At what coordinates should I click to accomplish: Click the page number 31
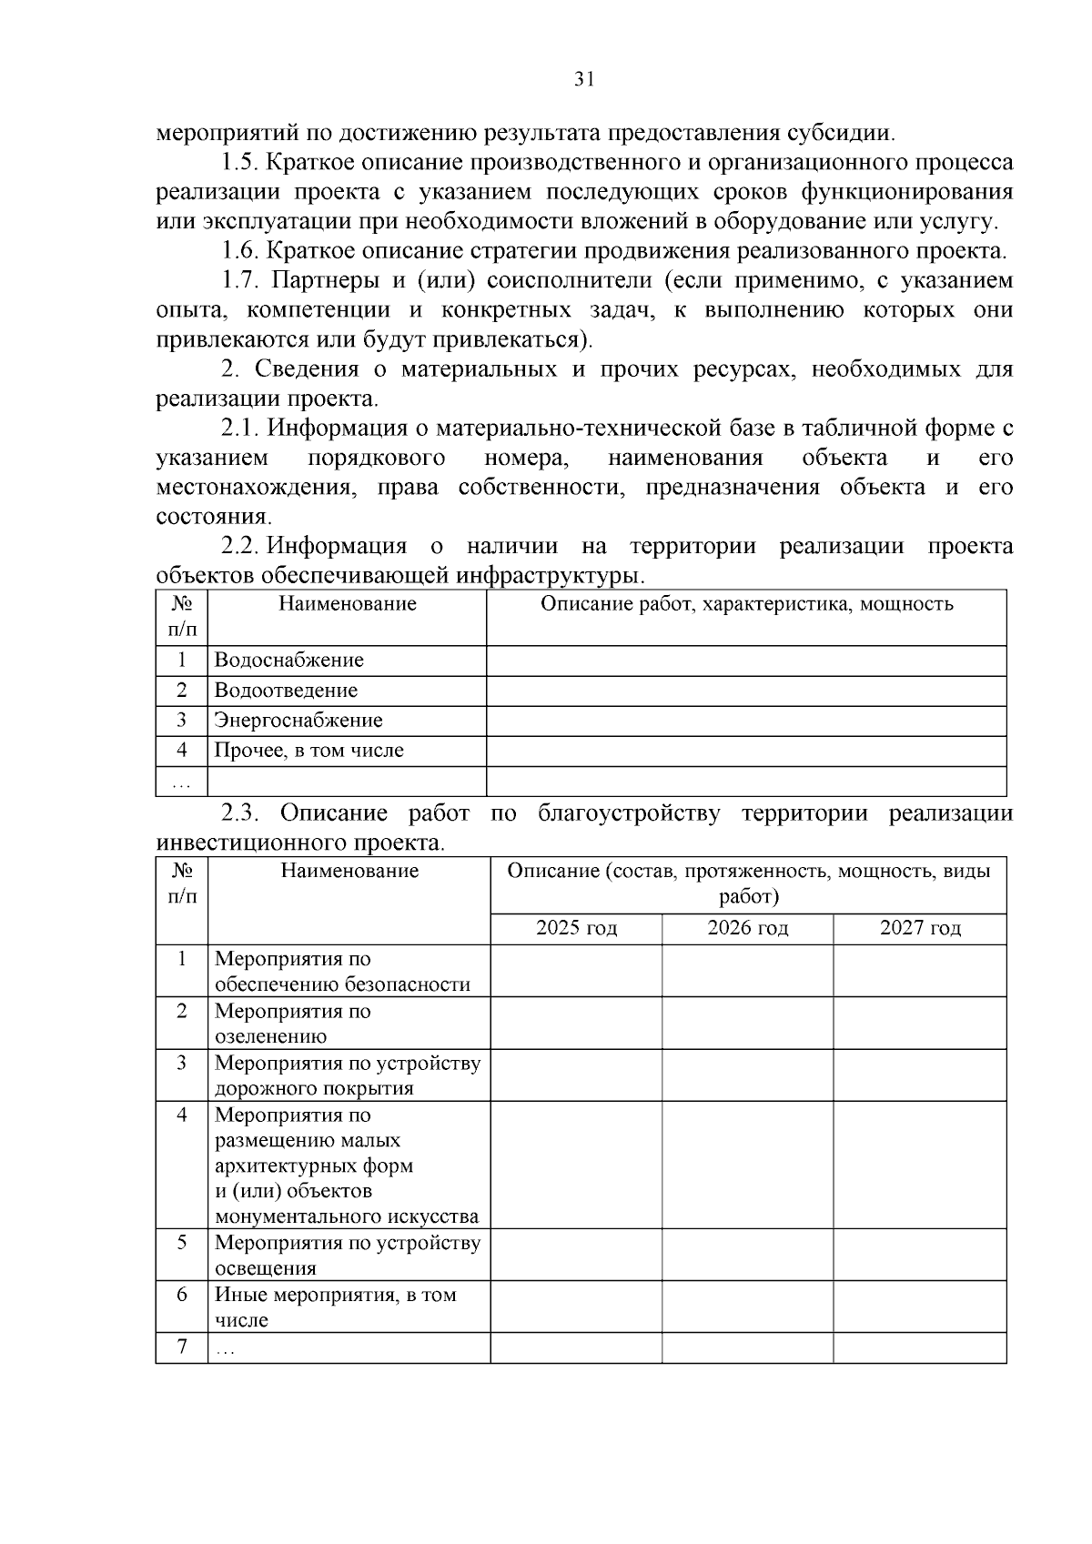coord(584,79)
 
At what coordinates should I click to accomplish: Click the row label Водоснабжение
coord(288,660)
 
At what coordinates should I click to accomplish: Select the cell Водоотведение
coord(286,690)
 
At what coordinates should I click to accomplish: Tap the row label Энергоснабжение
coord(298,720)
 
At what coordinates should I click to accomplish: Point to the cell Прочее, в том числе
coord(308,750)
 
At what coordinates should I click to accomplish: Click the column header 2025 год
coord(576,927)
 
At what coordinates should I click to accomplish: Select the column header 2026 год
coord(747,927)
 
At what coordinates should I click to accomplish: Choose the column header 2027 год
coord(919,927)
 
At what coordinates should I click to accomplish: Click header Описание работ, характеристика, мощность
coord(746,603)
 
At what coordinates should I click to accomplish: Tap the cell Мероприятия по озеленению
coord(292,1023)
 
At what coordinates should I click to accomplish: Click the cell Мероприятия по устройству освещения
coord(347,1255)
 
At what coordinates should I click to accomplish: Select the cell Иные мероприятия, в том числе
coord(335,1307)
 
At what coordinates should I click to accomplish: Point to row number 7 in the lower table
coord(182,1347)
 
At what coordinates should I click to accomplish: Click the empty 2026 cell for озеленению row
coord(747,1023)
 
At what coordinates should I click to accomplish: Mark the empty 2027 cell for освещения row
coord(919,1255)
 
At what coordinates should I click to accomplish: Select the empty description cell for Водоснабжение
coord(746,660)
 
